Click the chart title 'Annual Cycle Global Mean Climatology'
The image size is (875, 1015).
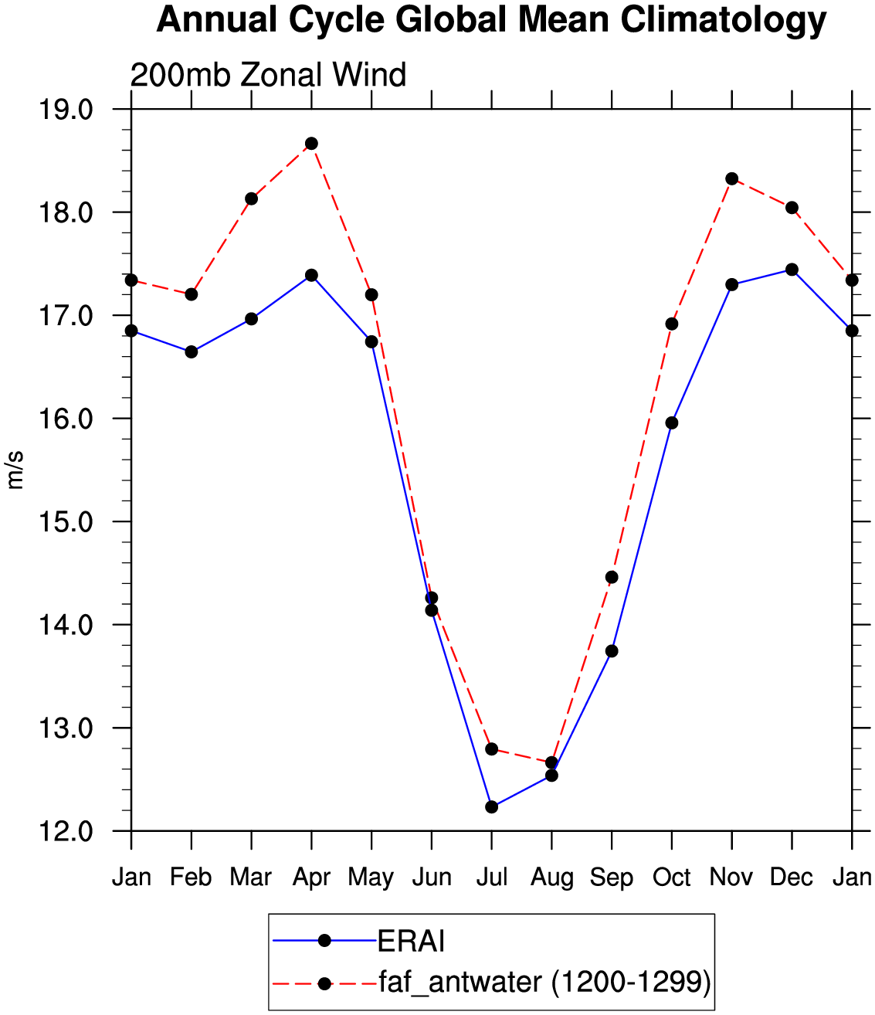click(x=491, y=21)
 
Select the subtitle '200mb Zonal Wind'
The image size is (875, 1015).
click(x=268, y=75)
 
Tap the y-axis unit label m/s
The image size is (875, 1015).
click(x=15, y=470)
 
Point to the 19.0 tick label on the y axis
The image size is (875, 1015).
click(x=66, y=109)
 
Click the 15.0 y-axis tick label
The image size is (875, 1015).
click(x=66, y=521)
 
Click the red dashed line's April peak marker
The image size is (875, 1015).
click(x=311, y=144)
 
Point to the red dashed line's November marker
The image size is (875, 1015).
click(x=731, y=178)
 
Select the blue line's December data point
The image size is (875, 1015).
click(x=792, y=270)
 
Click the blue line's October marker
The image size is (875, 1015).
click(x=672, y=423)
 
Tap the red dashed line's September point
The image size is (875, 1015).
click(x=612, y=577)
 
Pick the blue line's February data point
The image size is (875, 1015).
click(x=191, y=352)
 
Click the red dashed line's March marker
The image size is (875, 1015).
click(x=252, y=199)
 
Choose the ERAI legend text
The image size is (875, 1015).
click(x=411, y=941)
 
